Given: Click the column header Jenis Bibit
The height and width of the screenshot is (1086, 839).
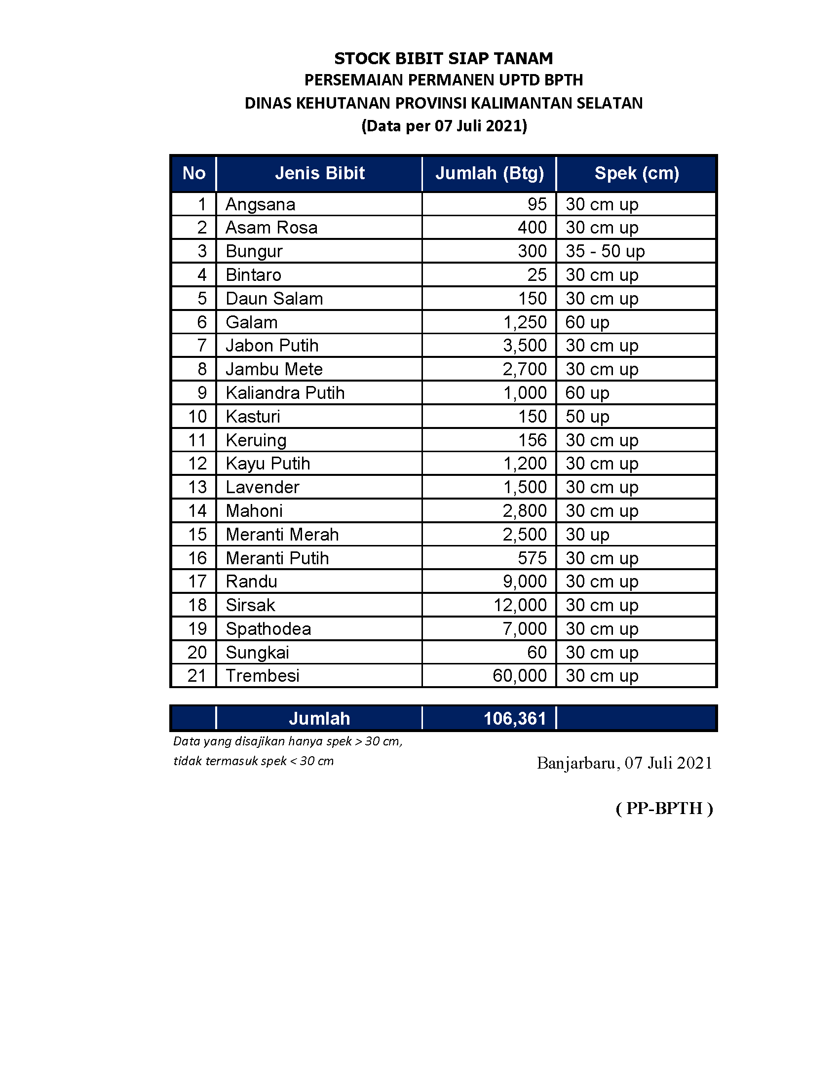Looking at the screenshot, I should click(320, 173).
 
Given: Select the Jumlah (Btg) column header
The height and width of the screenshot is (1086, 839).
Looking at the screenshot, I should click(490, 173).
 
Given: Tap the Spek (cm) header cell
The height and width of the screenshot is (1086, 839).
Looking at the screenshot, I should click(636, 173).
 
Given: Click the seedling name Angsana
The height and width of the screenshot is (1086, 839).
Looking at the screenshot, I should click(261, 204).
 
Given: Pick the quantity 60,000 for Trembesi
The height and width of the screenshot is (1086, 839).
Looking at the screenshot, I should click(519, 676).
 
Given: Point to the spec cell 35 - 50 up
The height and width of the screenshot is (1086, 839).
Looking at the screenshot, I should click(605, 251).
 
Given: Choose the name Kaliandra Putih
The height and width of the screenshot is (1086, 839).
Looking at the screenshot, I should click(285, 393).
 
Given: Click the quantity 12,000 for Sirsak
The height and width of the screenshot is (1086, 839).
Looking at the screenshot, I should click(520, 605).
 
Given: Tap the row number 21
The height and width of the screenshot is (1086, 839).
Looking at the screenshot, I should click(197, 676).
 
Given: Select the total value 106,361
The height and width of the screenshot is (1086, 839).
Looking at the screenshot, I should click(514, 719).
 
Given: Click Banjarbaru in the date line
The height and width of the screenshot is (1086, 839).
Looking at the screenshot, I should click(577, 763).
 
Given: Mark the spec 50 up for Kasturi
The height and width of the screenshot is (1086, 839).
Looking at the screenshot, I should click(587, 417).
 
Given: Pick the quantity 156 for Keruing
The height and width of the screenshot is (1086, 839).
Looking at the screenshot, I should click(533, 440).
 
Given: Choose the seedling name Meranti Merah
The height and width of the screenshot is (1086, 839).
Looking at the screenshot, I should click(282, 535).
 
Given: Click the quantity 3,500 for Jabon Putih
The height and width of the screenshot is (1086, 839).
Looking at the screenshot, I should click(525, 346).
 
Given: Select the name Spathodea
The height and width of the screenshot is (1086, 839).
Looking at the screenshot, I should click(268, 629).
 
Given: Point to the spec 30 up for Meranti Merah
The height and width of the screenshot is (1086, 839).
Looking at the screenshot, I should click(587, 535).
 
